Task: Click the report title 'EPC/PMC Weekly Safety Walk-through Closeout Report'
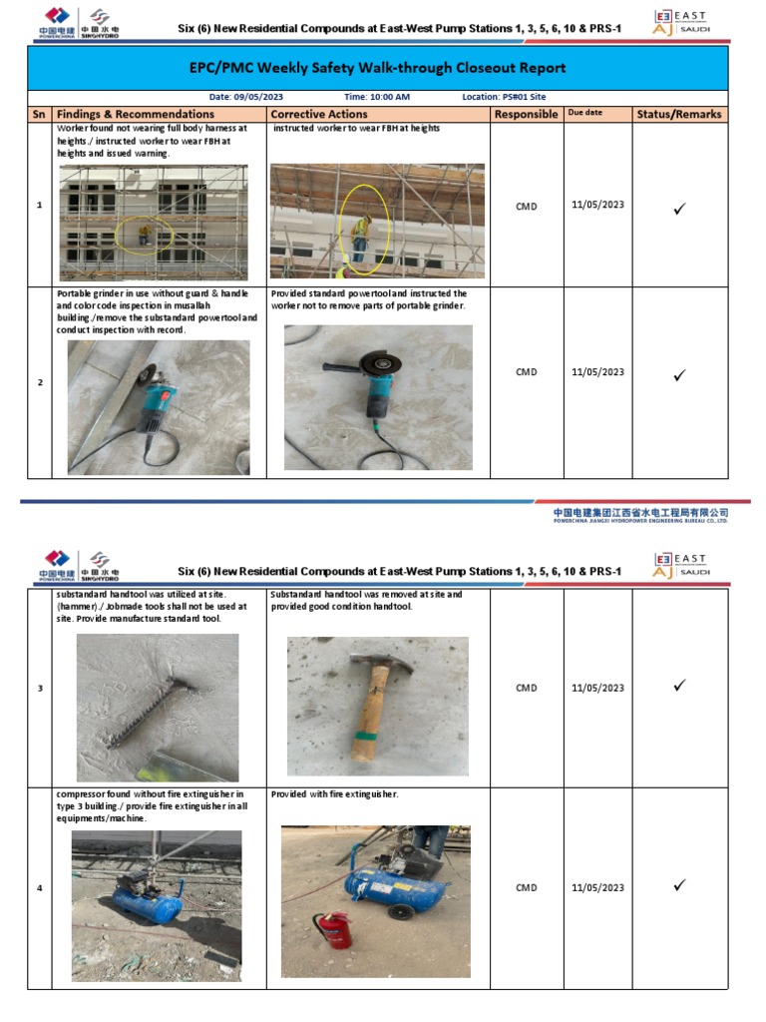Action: coord(377,68)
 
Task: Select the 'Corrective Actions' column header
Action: coord(319,115)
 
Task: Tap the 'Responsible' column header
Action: coord(526,115)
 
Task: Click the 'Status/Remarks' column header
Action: coord(678,115)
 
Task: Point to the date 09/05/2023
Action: coord(260,97)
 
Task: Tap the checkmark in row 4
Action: coord(679,885)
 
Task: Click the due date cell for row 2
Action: coord(597,372)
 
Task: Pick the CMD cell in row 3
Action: coord(526,688)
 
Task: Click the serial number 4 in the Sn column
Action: coord(40,887)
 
